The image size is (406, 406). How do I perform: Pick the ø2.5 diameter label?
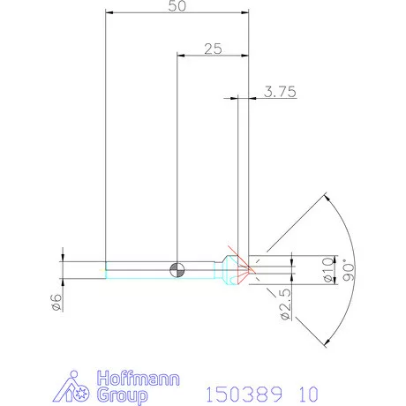[284, 301]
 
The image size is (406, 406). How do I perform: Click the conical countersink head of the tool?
[234, 267]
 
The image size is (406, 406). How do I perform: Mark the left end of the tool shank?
[106, 267]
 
